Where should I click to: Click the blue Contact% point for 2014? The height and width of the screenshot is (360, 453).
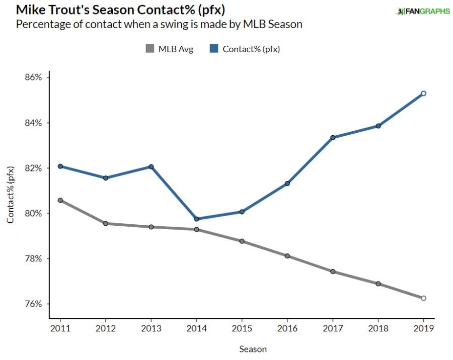[196, 219]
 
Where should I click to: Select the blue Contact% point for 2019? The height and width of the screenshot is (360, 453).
[423, 94]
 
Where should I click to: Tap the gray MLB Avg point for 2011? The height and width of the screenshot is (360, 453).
[60, 200]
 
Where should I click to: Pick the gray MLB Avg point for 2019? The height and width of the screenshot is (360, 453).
[423, 298]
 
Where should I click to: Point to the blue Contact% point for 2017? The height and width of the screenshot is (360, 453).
[333, 137]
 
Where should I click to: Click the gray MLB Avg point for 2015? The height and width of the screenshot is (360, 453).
[242, 241]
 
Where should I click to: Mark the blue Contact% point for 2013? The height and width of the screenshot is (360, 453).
[151, 167]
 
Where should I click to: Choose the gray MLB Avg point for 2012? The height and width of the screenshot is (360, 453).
[106, 223]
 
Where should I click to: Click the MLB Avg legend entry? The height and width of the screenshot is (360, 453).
[169, 49]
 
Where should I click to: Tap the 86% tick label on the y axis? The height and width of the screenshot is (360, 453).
[33, 78]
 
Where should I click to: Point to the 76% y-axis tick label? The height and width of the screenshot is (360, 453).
[33, 304]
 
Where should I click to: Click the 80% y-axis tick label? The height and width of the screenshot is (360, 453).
[33, 214]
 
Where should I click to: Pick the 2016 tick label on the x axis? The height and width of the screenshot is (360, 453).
[287, 327]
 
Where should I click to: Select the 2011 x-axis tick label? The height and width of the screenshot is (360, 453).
[60, 327]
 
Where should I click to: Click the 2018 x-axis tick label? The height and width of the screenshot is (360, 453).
[378, 327]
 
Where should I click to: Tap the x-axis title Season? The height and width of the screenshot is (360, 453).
[253, 349]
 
